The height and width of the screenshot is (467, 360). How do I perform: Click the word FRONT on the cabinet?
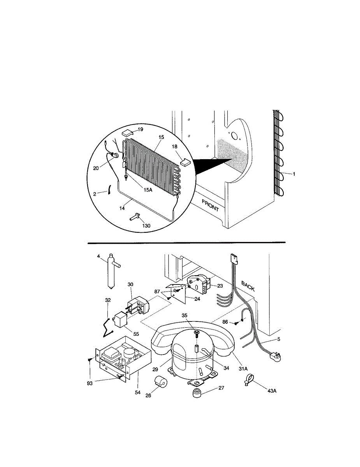point(210,205)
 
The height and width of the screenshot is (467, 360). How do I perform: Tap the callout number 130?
point(146,226)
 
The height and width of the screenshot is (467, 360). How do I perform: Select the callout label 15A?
point(148,190)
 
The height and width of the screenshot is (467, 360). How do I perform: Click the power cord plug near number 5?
point(276,357)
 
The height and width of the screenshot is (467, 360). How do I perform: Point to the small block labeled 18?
point(186,162)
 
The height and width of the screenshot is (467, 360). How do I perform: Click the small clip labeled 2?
point(109,190)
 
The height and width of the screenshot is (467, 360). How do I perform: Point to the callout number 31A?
point(243,369)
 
